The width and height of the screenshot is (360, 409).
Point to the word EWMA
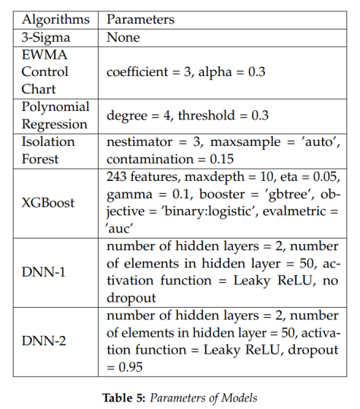pos(43,55)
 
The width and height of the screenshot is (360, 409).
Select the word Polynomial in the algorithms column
pos(55,107)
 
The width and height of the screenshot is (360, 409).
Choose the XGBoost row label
pos(48,202)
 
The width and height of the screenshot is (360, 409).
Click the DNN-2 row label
pos(44,341)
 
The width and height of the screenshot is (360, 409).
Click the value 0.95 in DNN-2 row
pos(131,366)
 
